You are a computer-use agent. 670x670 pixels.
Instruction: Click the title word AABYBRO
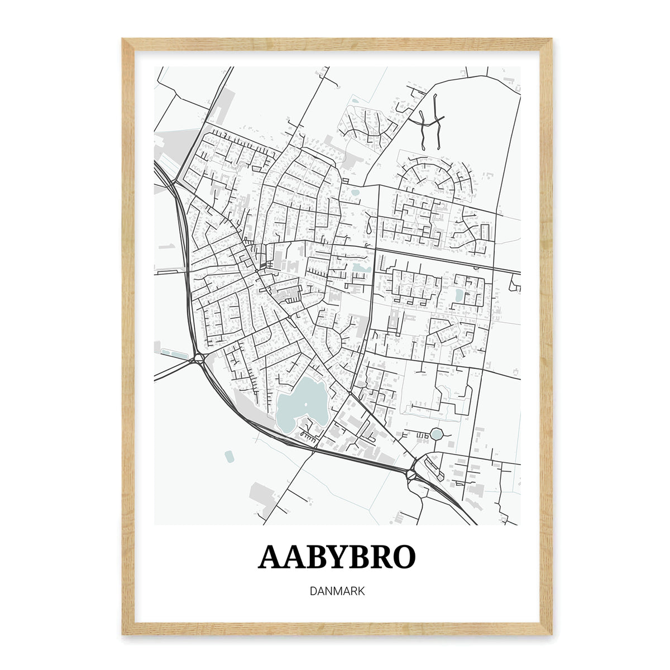click(x=337, y=557)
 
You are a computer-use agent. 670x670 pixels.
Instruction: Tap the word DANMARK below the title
click(x=337, y=591)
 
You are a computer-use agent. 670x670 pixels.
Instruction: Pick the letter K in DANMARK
click(x=360, y=591)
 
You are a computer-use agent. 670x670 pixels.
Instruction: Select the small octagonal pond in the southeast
click(x=436, y=434)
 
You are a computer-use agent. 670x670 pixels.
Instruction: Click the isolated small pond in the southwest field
click(x=229, y=456)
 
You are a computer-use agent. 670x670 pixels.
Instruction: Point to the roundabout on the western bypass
click(x=199, y=358)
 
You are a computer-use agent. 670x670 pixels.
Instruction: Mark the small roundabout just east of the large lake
click(x=350, y=394)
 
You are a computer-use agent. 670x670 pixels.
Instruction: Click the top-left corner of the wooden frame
click(x=124, y=40)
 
